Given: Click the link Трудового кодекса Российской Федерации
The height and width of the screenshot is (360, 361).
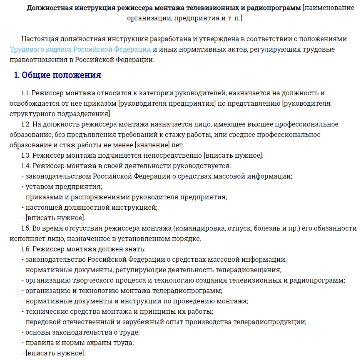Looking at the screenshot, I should click(80, 50).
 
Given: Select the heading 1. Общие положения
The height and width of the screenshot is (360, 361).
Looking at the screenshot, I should click(57, 75).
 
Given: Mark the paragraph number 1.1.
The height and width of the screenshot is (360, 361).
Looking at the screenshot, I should click(26, 93).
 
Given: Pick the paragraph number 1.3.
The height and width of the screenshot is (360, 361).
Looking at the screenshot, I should click(26, 156).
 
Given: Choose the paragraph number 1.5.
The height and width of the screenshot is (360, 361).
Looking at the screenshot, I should click(26, 228).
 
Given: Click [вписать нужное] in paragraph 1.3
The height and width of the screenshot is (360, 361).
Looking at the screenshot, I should click(233, 156).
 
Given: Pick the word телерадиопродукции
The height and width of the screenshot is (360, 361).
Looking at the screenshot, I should click(269, 322).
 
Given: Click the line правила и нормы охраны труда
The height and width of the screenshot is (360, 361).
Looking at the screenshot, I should click(79, 343).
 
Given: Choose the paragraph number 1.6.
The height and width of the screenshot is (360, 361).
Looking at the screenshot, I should click(26, 249).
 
